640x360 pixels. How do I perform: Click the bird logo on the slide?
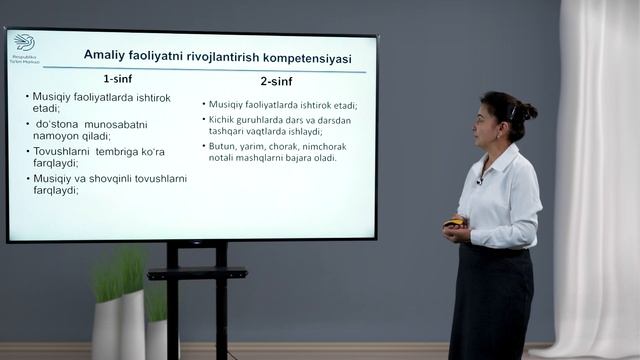[24, 42]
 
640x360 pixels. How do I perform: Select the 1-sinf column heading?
[120, 78]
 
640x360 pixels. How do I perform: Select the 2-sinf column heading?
[277, 80]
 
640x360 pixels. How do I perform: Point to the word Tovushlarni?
[61, 152]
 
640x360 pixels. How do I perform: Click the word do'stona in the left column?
[55, 124]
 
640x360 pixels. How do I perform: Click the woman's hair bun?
[528, 111]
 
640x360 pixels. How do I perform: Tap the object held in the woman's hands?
[455, 221]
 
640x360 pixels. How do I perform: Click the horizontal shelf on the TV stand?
[196, 273]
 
